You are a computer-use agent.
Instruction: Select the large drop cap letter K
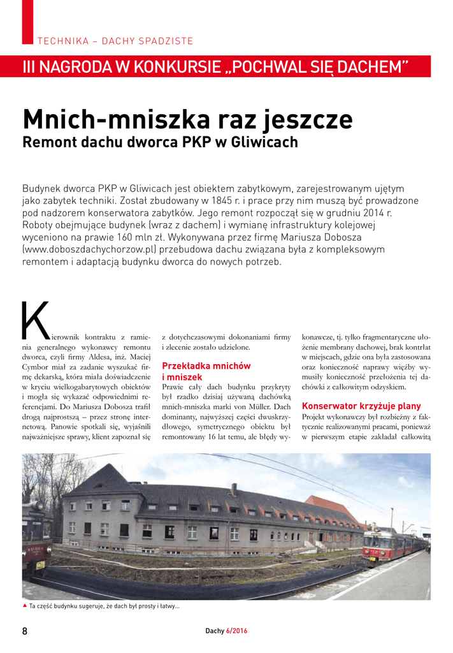[35, 320]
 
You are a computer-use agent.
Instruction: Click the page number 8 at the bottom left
[25, 631]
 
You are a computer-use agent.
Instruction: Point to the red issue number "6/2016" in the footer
[237, 631]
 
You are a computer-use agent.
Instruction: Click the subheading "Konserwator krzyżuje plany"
[361, 406]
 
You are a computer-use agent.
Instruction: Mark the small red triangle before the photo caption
[25, 605]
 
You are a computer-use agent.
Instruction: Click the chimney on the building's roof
[234, 488]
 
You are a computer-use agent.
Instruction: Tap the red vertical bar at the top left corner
[27, 22]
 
